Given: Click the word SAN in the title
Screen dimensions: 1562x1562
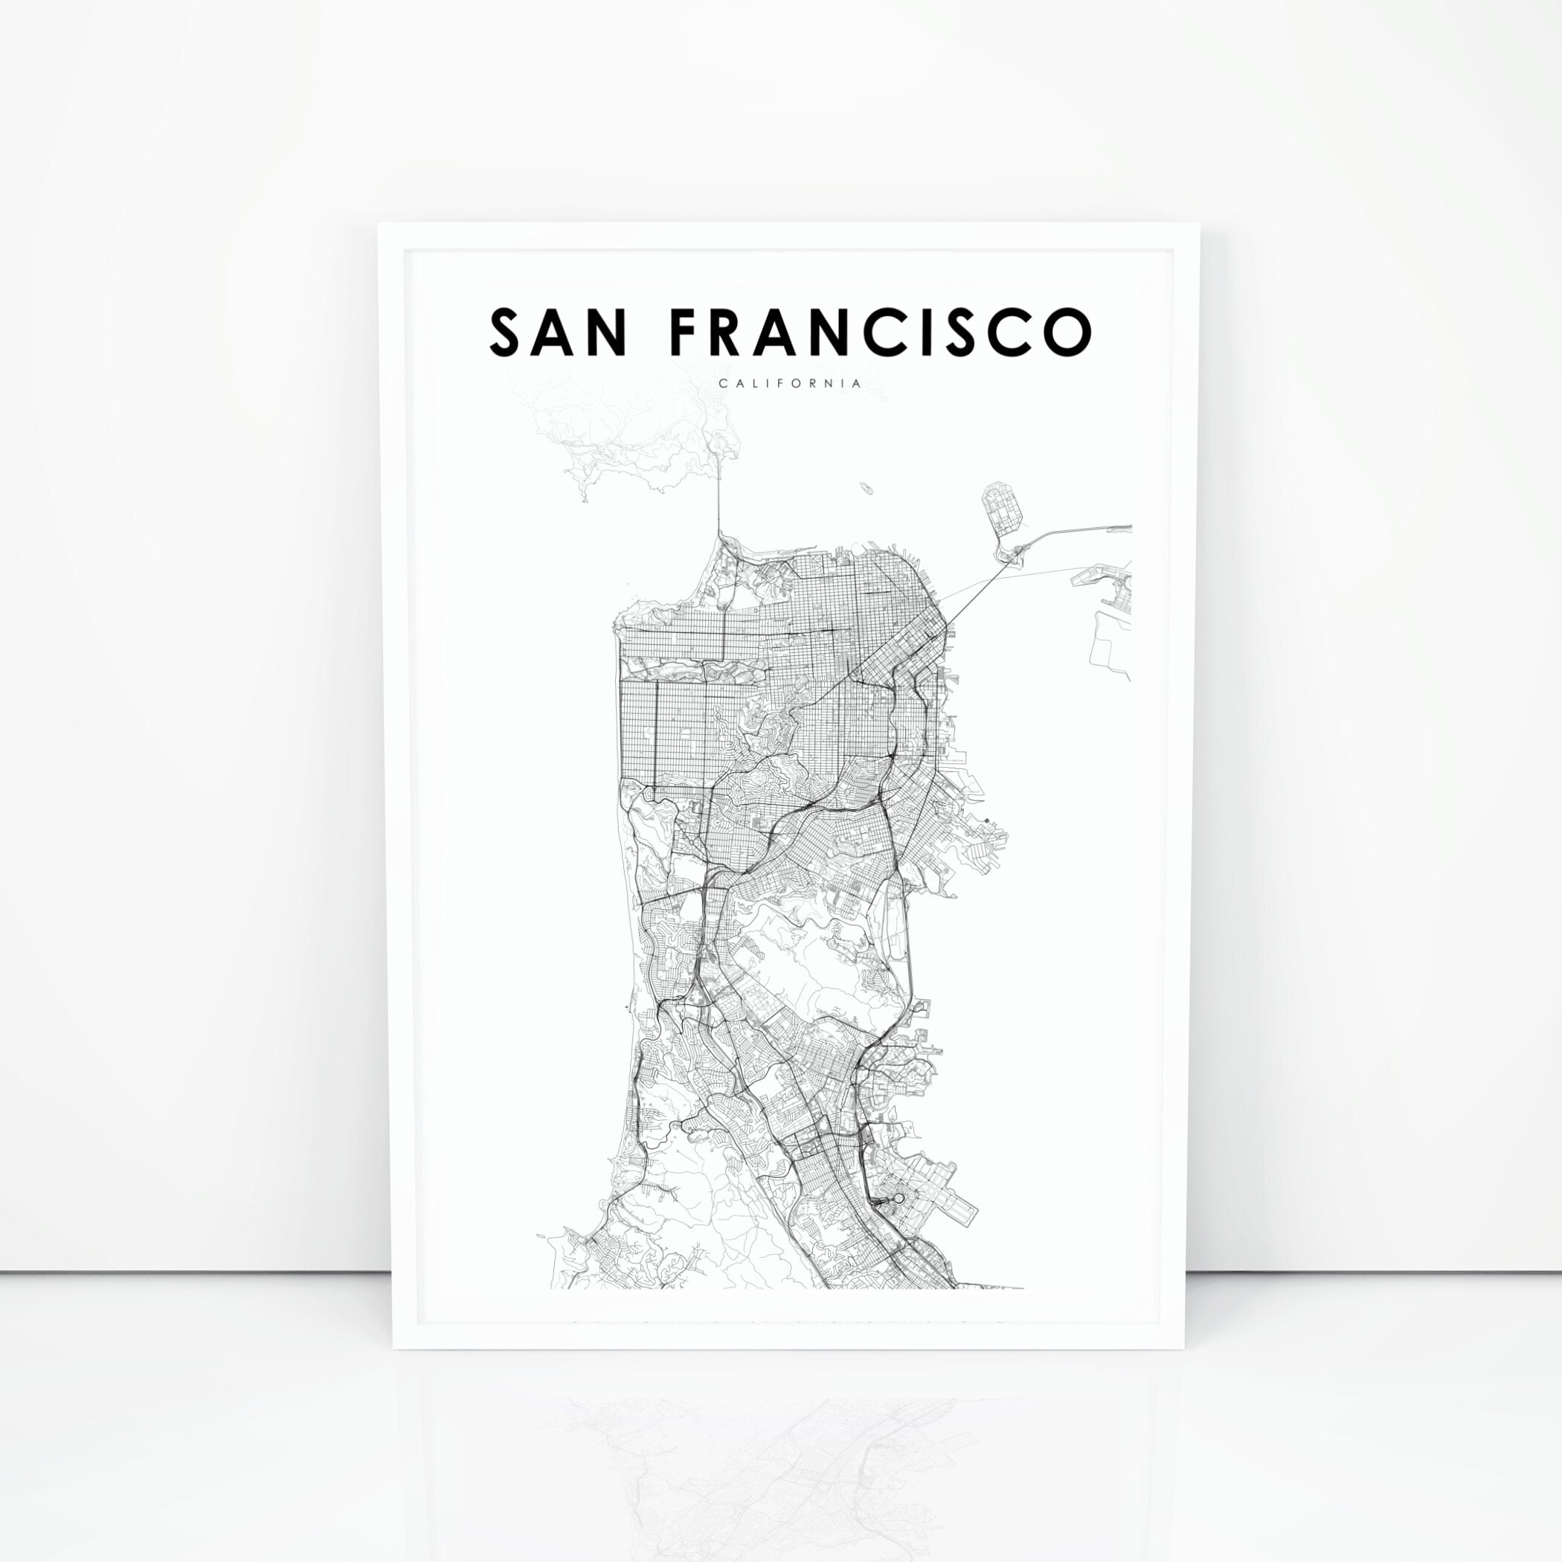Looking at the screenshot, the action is click(x=557, y=332).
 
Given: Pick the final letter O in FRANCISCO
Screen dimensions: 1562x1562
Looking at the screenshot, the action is click(x=1067, y=332).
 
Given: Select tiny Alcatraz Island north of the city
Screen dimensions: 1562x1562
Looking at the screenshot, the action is click(x=867, y=489).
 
